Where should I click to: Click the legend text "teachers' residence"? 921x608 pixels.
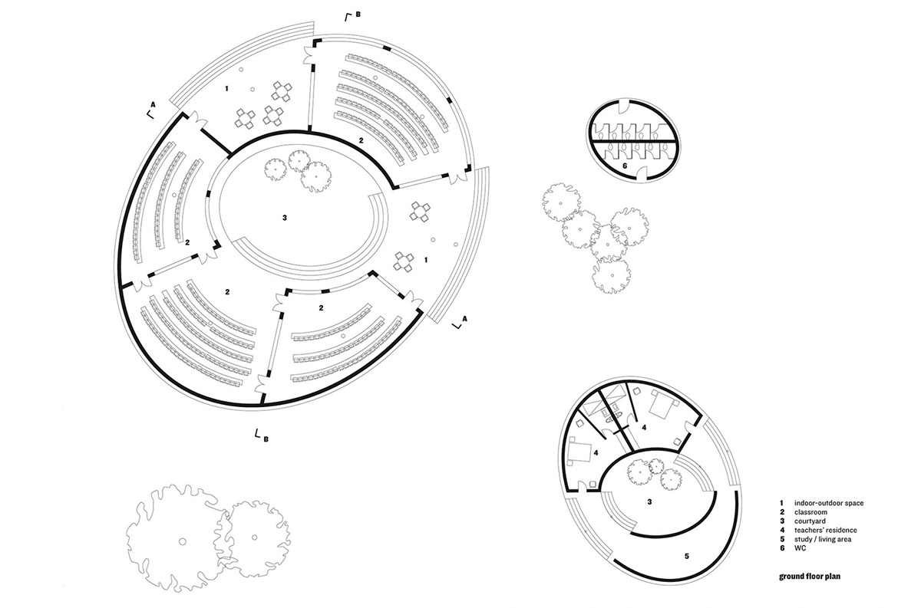click(x=825, y=530)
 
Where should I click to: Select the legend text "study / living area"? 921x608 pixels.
click(x=822, y=539)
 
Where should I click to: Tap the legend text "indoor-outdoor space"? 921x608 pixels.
click(x=828, y=503)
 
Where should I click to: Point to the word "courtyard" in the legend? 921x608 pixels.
click(x=810, y=521)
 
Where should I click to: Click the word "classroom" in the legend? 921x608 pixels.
click(x=810, y=512)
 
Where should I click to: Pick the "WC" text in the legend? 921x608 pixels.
click(x=800, y=548)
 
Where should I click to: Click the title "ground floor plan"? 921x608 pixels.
click(x=810, y=577)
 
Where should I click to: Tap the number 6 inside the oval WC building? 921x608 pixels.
click(x=625, y=166)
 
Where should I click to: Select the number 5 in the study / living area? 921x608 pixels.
click(x=686, y=556)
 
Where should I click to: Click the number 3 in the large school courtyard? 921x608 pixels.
click(x=285, y=218)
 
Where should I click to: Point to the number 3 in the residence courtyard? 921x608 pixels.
click(x=649, y=501)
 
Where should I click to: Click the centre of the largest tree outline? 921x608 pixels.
click(x=181, y=541)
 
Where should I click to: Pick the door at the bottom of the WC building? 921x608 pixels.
click(x=642, y=173)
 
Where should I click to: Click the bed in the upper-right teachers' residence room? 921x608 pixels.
click(x=663, y=405)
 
